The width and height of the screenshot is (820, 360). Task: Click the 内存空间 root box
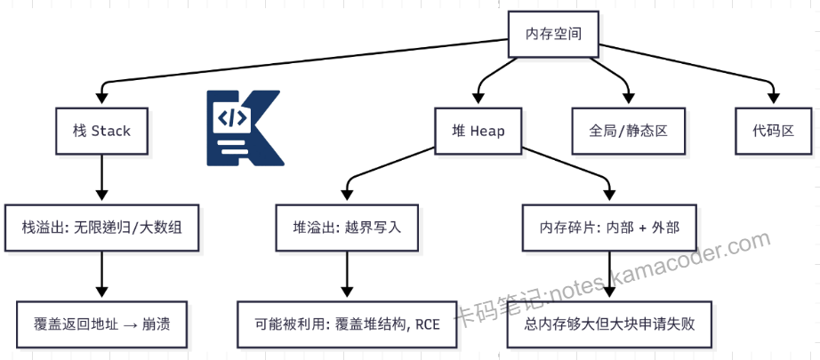[552, 34]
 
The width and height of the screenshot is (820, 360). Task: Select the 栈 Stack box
[101, 131]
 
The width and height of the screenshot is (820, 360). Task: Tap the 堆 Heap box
[478, 131]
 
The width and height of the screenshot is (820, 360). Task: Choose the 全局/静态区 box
[628, 131]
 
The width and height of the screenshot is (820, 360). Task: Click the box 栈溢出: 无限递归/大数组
[101, 228]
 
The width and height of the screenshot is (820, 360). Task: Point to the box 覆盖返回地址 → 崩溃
[101, 324]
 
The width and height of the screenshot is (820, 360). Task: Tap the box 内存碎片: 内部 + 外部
[609, 228]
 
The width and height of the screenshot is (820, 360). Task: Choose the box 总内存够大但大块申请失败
[609, 324]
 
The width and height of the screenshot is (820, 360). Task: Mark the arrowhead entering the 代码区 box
[771, 98]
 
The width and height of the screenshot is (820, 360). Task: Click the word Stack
[111, 131]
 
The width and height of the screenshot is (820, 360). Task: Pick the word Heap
[487, 131]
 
